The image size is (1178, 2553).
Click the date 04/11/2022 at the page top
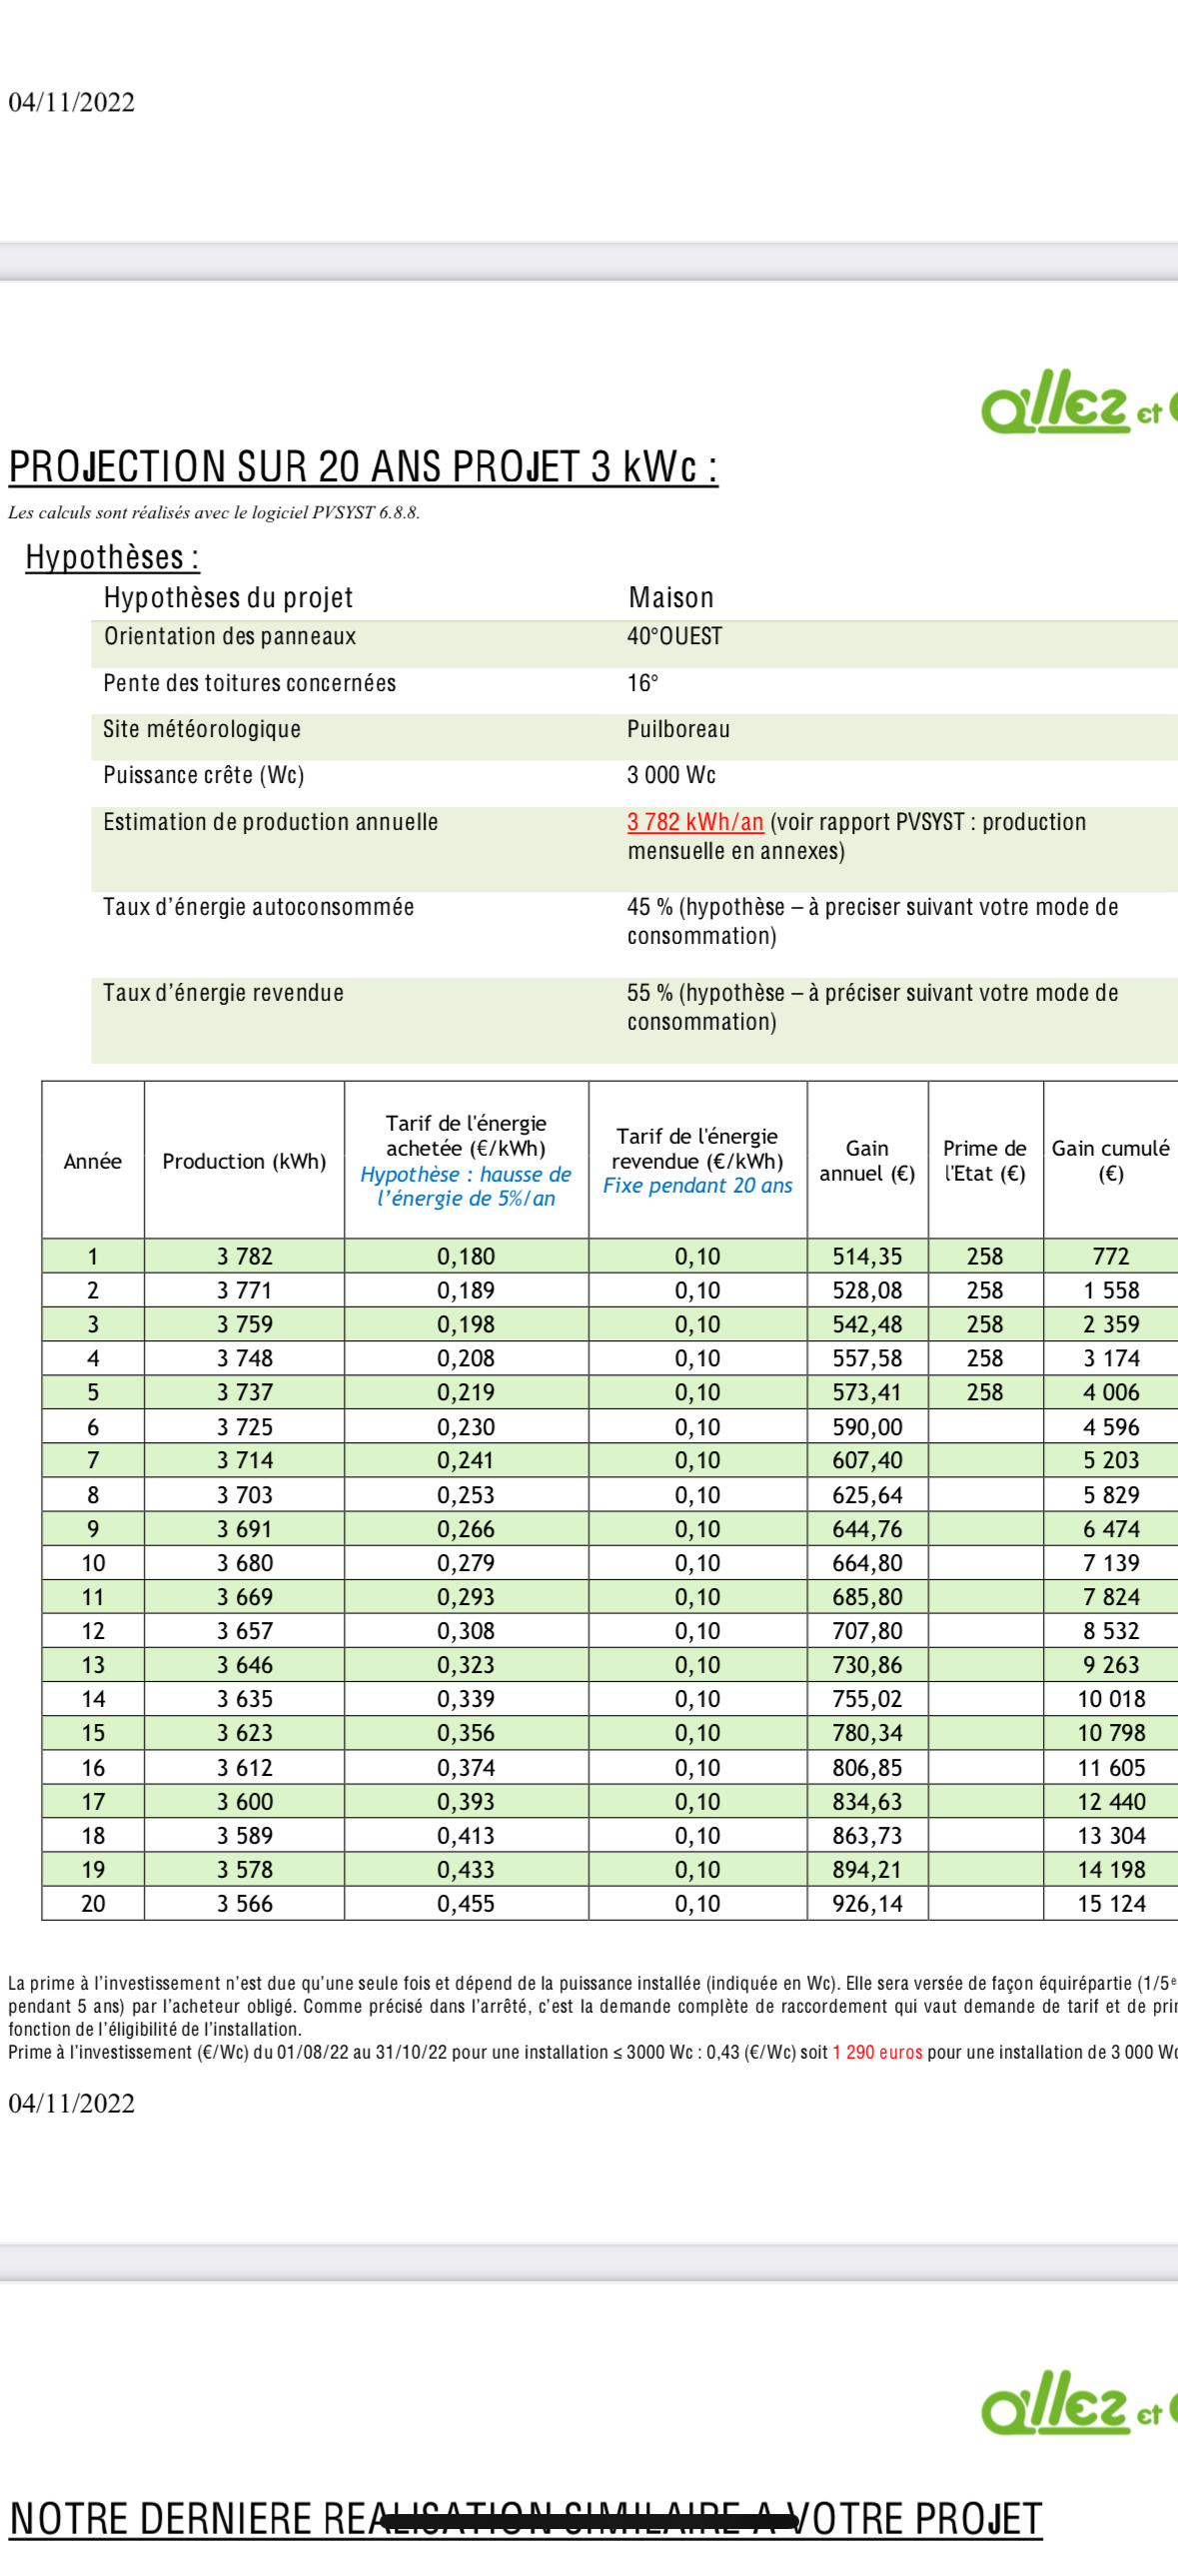(71, 103)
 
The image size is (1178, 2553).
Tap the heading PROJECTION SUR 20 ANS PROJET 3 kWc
(363, 467)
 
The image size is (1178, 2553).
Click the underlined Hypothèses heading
(112, 557)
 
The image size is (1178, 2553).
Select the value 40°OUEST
(674, 637)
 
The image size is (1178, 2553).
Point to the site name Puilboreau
(678, 730)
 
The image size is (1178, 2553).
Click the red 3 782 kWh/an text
(695, 822)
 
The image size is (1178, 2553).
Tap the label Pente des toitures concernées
(250, 683)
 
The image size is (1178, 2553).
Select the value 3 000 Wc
(671, 776)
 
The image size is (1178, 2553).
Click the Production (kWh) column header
(244, 1162)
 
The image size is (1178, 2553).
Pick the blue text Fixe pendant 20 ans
(697, 1187)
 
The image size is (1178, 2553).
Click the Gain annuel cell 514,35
(867, 1257)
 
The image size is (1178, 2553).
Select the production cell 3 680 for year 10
(244, 1563)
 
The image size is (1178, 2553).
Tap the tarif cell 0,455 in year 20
(466, 1904)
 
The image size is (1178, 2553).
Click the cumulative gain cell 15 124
(1111, 1904)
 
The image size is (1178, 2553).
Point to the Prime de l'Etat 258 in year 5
(984, 1392)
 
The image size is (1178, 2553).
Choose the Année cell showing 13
(93, 1665)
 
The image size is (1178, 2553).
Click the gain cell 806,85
(867, 1768)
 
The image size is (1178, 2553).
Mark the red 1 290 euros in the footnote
(876, 2053)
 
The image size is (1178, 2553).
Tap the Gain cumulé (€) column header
(1110, 1161)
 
